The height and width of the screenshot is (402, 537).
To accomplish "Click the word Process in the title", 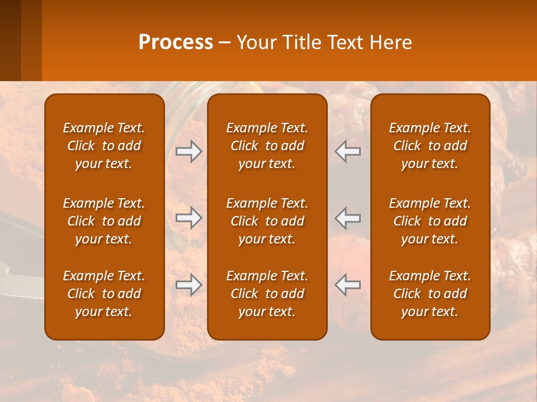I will (x=176, y=42).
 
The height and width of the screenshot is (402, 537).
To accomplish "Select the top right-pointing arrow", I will (x=189, y=151).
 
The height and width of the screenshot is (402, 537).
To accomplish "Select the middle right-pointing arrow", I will (x=189, y=218).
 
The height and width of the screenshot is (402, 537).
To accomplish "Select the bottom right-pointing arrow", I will (x=189, y=285).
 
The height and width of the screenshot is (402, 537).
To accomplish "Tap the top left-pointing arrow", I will (x=347, y=151).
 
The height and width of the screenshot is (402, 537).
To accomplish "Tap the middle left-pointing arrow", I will (x=347, y=218).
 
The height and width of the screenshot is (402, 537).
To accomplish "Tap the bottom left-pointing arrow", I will (x=347, y=285).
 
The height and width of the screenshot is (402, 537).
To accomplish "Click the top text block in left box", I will (x=104, y=146).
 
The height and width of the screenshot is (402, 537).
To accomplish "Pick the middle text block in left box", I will (x=104, y=221).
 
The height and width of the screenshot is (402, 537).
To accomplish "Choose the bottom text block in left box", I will (x=104, y=294).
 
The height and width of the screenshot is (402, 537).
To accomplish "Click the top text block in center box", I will (x=267, y=146).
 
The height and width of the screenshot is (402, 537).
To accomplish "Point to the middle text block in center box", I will (x=267, y=221).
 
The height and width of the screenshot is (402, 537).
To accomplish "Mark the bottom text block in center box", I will (x=267, y=294).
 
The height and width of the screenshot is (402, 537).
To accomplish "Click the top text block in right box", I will (x=430, y=146).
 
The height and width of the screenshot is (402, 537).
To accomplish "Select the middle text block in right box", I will (x=430, y=221).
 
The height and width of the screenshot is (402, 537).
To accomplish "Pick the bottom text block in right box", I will (x=430, y=294).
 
